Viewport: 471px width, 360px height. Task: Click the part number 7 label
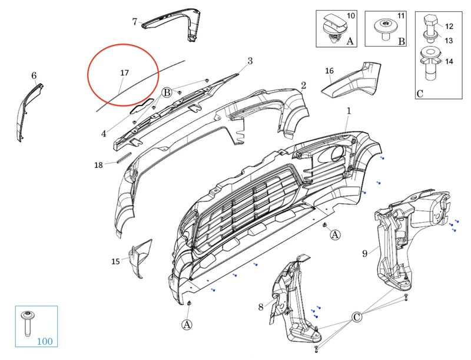pyautogui.click(x=135, y=22)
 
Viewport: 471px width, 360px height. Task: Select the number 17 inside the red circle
pyautogui.click(x=124, y=73)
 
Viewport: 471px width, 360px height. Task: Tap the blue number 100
pyautogui.click(x=45, y=341)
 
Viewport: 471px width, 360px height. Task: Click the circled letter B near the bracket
pyautogui.click(x=167, y=93)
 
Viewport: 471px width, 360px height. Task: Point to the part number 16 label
pyautogui.click(x=330, y=71)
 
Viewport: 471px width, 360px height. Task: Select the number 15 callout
pyautogui.click(x=116, y=261)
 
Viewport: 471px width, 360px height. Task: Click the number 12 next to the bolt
pyautogui.click(x=449, y=27)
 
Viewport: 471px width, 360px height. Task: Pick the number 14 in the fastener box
pyautogui.click(x=449, y=61)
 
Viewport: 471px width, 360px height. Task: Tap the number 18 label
pyautogui.click(x=98, y=165)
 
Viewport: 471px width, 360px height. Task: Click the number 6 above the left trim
pyautogui.click(x=34, y=75)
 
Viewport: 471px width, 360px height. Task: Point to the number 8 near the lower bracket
pyautogui.click(x=261, y=306)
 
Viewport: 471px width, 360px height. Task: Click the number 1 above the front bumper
pyautogui.click(x=349, y=110)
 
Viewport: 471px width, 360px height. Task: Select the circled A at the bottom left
pyautogui.click(x=187, y=324)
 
